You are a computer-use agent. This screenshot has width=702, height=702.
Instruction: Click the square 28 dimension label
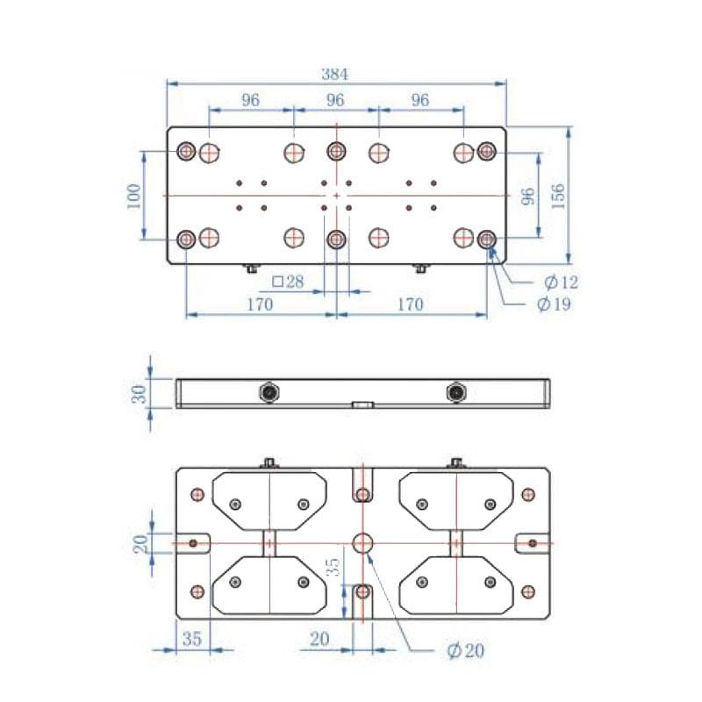pos(287,282)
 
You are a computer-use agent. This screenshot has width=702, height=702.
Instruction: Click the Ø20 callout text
pos(465,650)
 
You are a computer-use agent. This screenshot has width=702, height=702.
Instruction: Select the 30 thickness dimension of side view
pos(139,393)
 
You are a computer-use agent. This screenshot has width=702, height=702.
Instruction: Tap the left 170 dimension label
pos(260,304)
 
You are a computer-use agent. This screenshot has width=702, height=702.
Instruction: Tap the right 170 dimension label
pos(410,304)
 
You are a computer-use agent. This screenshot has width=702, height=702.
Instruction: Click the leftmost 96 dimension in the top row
pos(251,100)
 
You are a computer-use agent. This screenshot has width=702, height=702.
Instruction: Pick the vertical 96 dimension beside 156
pos(528,195)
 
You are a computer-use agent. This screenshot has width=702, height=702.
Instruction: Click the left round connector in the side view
pos(269,392)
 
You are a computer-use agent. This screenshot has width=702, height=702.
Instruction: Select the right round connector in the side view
pos(456,392)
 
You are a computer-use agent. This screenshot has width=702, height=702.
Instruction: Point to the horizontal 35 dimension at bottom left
pos(192,639)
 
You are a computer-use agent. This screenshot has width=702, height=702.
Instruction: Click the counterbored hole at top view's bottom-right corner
pos(488,238)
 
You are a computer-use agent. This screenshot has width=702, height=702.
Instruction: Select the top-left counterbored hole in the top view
pos(186,153)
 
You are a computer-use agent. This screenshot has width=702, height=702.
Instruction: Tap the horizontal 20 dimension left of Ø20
pos(319,639)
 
